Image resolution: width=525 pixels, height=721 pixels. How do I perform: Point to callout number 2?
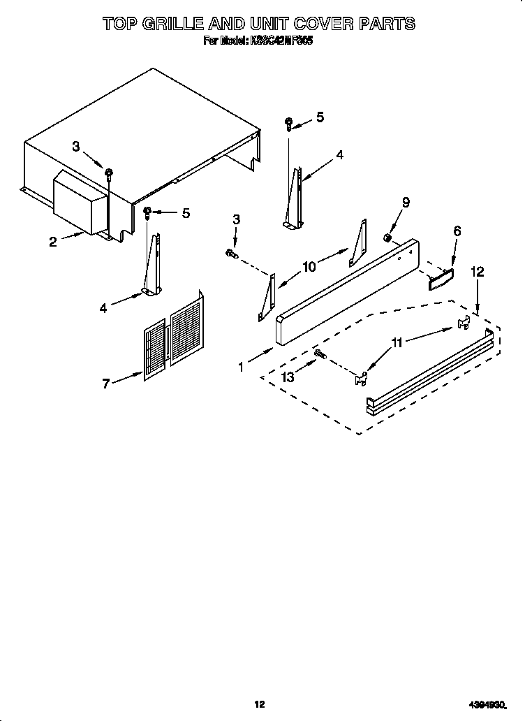[x=53, y=242]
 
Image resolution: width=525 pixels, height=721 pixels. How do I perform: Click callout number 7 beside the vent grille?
[x=106, y=384]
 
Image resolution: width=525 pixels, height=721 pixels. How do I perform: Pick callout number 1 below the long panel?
[x=242, y=366]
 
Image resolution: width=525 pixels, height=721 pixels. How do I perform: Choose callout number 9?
[x=406, y=203]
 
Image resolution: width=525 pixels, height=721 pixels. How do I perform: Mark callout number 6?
[x=457, y=231]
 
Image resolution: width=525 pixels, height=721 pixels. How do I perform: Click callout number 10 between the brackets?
[x=309, y=266]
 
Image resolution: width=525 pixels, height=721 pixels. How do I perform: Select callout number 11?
[x=397, y=342]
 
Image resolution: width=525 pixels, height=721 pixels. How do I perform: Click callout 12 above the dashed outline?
[x=477, y=272]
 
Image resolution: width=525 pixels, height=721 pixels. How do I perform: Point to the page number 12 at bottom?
[x=259, y=704]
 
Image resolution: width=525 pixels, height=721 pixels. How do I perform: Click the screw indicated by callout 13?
[x=320, y=356]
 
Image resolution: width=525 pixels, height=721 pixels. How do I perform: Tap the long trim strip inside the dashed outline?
[x=429, y=371]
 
